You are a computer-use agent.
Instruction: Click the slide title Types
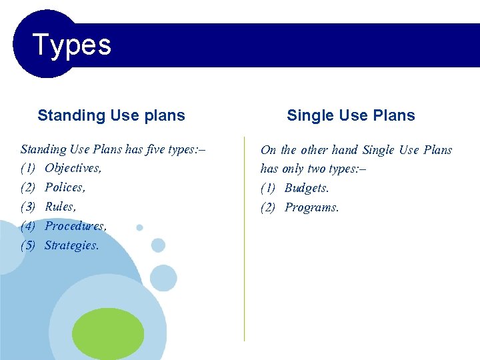[x=71, y=45]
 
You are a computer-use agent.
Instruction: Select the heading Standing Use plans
[x=111, y=115]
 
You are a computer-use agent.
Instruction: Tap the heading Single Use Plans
[x=351, y=115]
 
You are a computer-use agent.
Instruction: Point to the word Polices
[x=65, y=187]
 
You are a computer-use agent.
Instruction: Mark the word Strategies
[x=71, y=245]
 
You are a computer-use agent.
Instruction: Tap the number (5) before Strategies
[x=28, y=245]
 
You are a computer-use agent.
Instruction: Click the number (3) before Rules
[x=28, y=207]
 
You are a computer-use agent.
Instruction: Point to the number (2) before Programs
[x=268, y=207]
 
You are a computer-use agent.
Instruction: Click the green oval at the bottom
[x=108, y=334]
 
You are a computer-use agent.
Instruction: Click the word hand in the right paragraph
[x=345, y=150]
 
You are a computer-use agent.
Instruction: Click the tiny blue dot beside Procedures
[x=139, y=227]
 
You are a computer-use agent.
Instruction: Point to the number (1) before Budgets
[x=268, y=188]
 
